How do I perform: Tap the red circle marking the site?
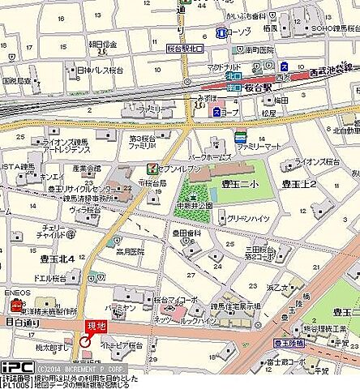pos(86,341)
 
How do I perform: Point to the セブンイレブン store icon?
pos(151,169)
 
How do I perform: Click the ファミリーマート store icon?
pos(240,136)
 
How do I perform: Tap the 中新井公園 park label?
pos(195,203)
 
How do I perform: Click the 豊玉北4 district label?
pos(58,259)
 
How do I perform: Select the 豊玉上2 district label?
pos(299,184)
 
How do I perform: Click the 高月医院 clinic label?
pos(129,252)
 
